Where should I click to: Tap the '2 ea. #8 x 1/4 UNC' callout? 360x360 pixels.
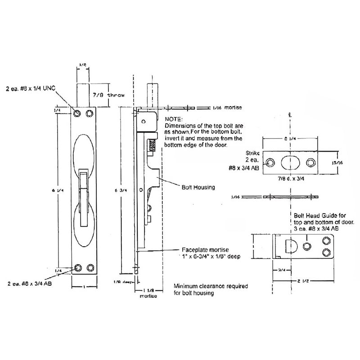[37, 87]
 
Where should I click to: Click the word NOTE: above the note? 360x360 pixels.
[174, 120]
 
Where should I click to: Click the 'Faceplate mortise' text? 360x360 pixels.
[201, 250]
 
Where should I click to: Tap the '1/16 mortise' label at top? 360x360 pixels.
[227, 108]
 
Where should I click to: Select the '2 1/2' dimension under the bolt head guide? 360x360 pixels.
[303, 282]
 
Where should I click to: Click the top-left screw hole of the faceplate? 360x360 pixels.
[78, 112]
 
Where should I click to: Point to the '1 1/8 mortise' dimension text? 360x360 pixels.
[146, 292]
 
